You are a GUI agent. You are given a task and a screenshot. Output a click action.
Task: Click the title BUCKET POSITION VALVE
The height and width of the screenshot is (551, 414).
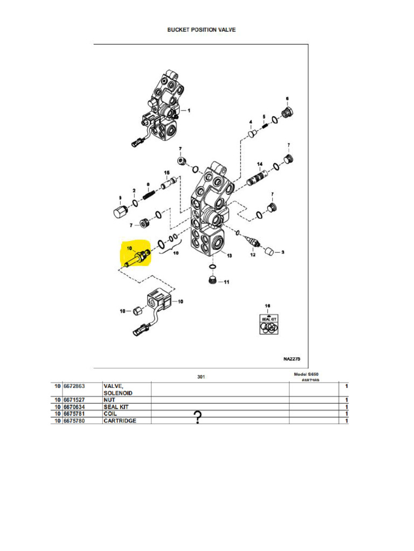(201, 30)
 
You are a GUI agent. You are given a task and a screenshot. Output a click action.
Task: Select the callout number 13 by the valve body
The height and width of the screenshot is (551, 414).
(229, 255)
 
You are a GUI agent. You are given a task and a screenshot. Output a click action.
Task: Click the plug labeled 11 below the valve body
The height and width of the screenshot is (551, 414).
(212, 280)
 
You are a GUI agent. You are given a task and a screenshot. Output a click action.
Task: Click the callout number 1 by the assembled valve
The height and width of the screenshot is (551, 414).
(189, 110)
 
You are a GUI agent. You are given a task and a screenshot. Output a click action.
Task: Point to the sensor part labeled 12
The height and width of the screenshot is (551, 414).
(252, 243)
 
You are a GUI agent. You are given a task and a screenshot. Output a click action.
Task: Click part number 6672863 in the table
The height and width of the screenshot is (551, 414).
(75, 386)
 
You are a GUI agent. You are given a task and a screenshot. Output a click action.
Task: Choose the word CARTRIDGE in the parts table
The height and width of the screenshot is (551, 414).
(120, 421)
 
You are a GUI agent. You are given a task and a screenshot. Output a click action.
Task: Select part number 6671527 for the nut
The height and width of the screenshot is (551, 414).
(75, 400)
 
